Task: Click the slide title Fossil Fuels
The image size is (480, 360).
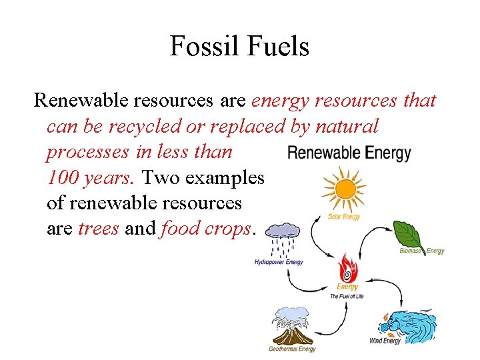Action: click(239, 46)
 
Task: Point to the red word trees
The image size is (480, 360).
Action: click(99, 229)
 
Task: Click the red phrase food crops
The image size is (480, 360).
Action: click(206, 229)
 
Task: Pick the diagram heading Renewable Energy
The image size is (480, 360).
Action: click(349, 153)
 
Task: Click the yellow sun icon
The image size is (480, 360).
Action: click(345, 189)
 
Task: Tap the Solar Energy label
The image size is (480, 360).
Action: click(344, 217)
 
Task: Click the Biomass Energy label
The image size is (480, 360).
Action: click(421, 251)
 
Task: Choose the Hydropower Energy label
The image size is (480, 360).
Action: click(279, 262)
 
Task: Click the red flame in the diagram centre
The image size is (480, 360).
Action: click(347, 269)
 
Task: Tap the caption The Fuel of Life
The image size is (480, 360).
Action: click(347, 296)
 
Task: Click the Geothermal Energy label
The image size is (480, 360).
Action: click(292, 349)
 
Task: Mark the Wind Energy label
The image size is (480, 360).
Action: click(385, 341)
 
